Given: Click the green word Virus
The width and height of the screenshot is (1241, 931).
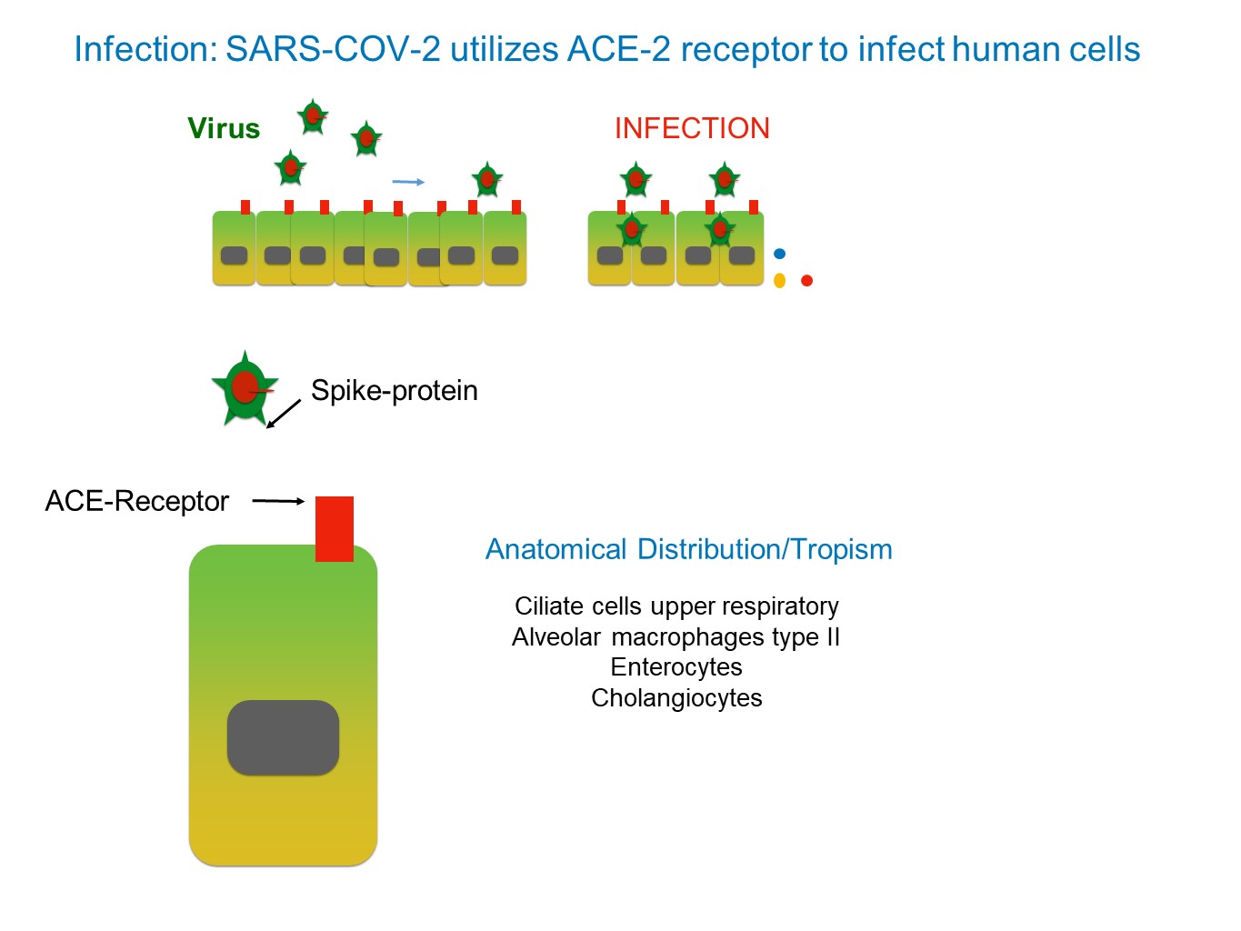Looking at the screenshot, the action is [x=224, y=128].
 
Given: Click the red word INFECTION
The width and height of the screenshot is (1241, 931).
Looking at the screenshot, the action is [x=692, y=128].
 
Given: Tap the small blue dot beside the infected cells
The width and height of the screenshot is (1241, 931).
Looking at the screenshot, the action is [x=779, y=254].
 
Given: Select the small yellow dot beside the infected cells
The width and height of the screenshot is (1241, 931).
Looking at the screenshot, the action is [x=779, y=280].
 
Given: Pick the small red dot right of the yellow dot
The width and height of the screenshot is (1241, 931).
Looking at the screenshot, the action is [x=806, y=280].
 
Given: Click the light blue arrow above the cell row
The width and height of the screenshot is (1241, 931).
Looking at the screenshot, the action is [x=408, y=182].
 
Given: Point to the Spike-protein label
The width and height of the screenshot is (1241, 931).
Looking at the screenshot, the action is [x=394, y=391].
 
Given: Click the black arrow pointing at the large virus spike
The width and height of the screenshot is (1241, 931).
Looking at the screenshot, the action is [x=284, y=414].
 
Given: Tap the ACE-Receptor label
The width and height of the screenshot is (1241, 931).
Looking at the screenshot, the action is [x=136, y=501].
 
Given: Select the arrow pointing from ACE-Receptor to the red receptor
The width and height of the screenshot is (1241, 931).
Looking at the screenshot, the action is [x=278, y=501].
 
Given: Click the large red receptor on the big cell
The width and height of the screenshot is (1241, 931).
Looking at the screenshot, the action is [x=335, y=528].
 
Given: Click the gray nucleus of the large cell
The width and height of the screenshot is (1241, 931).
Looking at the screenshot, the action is [x=283, y=737].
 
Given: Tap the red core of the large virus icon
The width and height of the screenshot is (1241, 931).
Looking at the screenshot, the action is [x=245, y=387].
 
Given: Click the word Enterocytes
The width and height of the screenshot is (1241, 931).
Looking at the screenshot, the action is [x=676, y=667].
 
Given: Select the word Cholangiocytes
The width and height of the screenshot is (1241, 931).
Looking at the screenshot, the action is [x=676, y=698].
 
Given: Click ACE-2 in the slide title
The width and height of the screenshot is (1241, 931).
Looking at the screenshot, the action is [x=618, y=49].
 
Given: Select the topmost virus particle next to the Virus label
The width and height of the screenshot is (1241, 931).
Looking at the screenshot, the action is [x=313, y=117].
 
